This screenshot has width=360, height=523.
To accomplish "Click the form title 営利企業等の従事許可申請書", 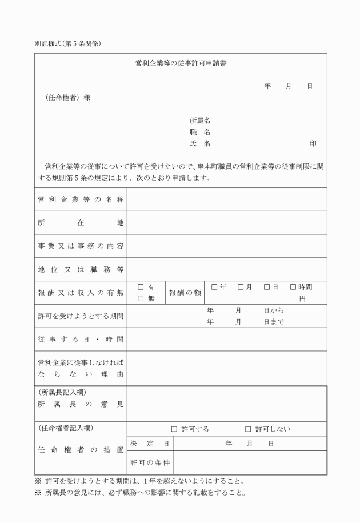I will [x=180, y=63].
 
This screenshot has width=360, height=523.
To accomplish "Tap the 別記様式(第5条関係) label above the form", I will [x=68, y=44].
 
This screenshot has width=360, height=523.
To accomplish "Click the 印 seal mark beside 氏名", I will [x=313, y=143].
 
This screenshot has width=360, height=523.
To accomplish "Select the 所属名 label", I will [x=200, y=121].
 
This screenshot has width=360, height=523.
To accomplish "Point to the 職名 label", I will [x=200, y=132].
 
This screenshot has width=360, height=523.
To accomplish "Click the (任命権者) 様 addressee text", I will [x=68, y=97].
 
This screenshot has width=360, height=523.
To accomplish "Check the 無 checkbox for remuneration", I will [x=141, y=298].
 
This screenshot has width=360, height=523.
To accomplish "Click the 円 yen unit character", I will [x=302, y=298].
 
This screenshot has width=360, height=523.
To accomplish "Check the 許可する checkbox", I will [x=174, y=429].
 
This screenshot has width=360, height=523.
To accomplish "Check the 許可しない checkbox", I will [x=248, y=429].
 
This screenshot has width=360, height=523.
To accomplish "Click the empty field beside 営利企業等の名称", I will [x=227, y=199].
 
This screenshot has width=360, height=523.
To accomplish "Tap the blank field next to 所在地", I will [x=227, y=222].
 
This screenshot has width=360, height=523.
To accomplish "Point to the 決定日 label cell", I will [x=150, y=443].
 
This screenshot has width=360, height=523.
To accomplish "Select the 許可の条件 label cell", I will [x=150, y=462].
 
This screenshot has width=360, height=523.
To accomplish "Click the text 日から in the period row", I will [x=274, y=310].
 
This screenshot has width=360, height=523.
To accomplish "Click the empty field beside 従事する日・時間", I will [x=227, y=339].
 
